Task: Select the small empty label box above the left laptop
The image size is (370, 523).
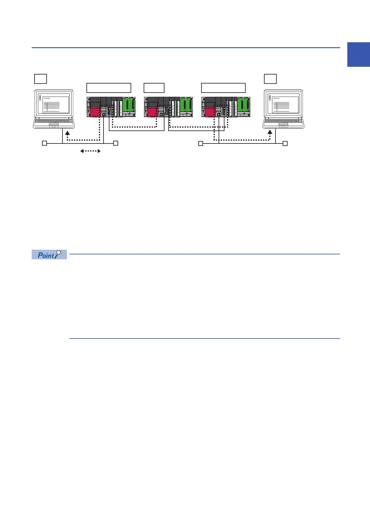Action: [x=40, y=79]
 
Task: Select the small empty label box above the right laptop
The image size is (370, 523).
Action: [x=270, y=79]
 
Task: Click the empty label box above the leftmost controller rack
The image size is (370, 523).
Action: [x=109, y=88]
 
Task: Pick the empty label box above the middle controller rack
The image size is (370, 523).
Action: [x=154, y=88]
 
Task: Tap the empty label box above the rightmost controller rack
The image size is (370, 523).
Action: [x=223, y=88]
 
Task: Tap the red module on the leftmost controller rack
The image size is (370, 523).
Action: [x=95, y=112]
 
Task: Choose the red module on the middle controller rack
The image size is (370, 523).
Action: [x=152, y=112]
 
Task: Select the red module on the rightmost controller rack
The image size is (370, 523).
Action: [x=210, y=112]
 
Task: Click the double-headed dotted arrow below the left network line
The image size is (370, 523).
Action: [x=90, y=151]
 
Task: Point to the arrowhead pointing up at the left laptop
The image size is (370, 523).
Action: [x=67, y=133]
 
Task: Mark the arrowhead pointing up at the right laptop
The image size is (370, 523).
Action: [x=270, y=133]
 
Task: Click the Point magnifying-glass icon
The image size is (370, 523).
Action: [x=58, y=254]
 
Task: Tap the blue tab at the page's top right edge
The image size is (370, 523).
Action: [x=358, y=55]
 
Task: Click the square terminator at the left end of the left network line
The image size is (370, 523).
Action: [x=44, y=143]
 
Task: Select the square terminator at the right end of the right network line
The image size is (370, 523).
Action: [x=285, y=143]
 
